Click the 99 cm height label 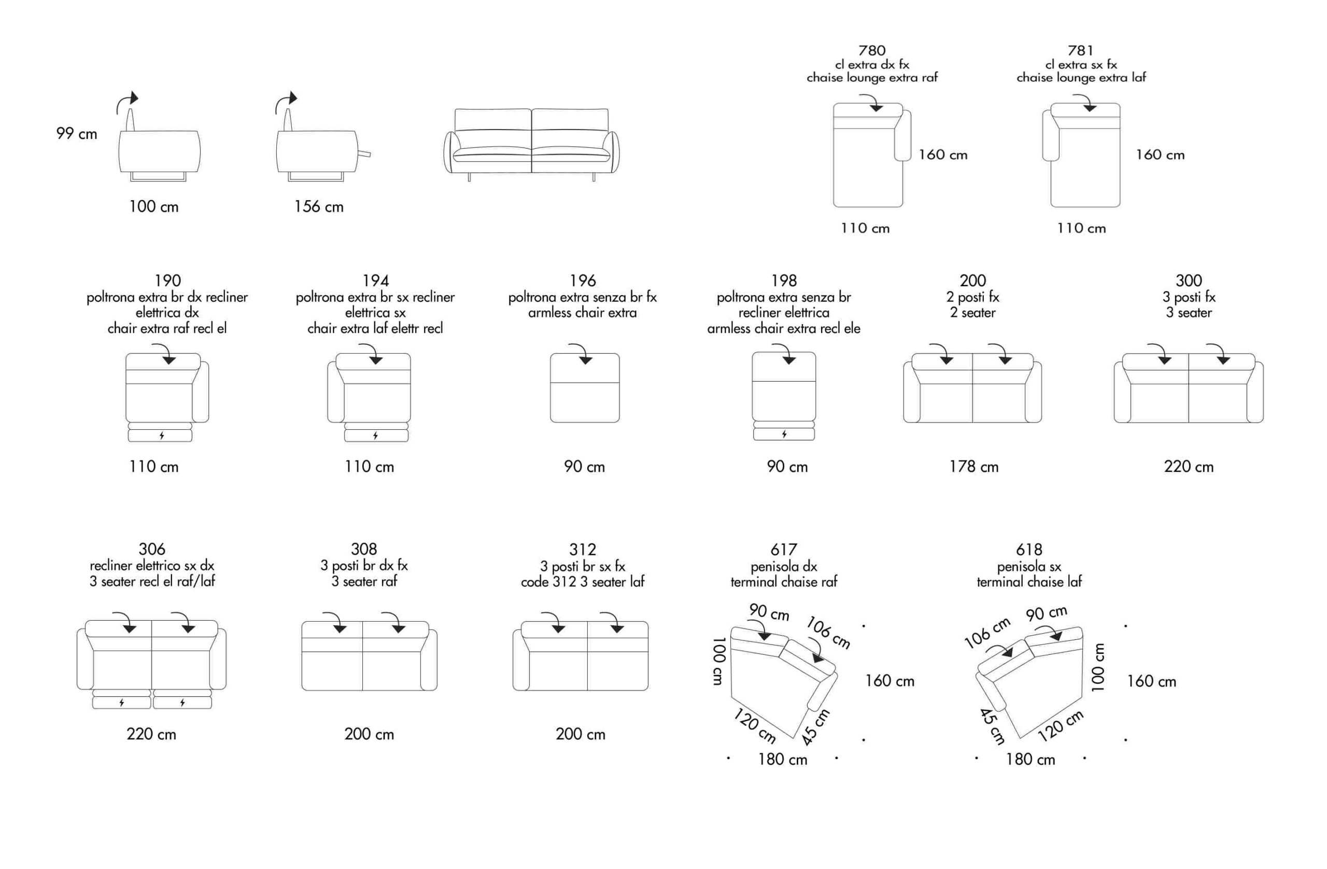coord(77,134)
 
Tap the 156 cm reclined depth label coord(319,207)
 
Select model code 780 coord(872,51)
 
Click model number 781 coord(1081,51)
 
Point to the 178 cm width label coord(974,467)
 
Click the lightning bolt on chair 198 coord(784,434)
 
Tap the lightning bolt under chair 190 coord(162,436)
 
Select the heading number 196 coord(583,281)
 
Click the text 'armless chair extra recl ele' coord(783,329)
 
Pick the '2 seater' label coord(973,313)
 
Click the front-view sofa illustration coord(531,145)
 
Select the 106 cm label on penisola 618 coord(987,633)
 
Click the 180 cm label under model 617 coord(783,760)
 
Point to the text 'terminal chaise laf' coord(1029,582)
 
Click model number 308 coord(364,550)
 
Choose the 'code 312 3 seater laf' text coord(583,582)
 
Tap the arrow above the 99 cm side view coord(127,102)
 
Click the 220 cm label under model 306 coord(152,734)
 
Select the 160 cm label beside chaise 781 coord(1160,155)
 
